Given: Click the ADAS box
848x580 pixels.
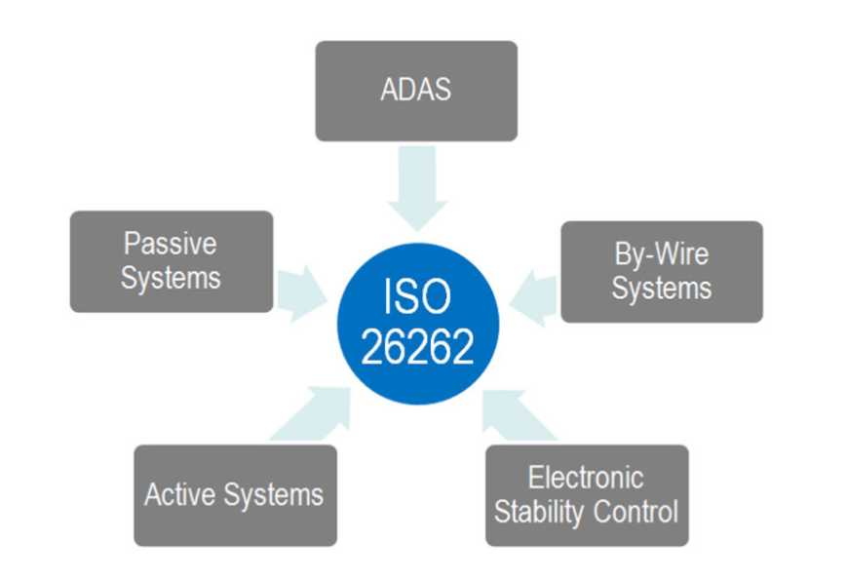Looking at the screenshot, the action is [x=416, y=91].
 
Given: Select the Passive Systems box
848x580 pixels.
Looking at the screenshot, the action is [x=172, y=261].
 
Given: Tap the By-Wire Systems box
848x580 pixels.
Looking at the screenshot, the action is [x=662, y=272].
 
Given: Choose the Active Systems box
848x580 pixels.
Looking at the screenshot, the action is [x=235, y=495].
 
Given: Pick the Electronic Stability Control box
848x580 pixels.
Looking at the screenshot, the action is [x=588, y=495].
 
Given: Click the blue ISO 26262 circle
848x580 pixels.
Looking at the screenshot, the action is [x=418, y=324].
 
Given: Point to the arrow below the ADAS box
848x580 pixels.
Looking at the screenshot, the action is [x=417, y=188].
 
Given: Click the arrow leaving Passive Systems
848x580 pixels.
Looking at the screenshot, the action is [x=302, y=293].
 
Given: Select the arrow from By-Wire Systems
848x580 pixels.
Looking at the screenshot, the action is [x=533, y=298].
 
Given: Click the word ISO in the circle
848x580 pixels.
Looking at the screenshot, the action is [x=417, y=296].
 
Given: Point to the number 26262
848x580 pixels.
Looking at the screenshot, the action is [x=417, y=346].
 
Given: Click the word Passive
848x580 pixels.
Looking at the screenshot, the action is [x=171, y=244].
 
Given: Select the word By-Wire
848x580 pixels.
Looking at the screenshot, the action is [x=662, y=254].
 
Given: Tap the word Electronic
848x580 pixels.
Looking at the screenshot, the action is [x=586, y=478].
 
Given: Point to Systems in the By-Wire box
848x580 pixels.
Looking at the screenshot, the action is [x=662, y=289].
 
